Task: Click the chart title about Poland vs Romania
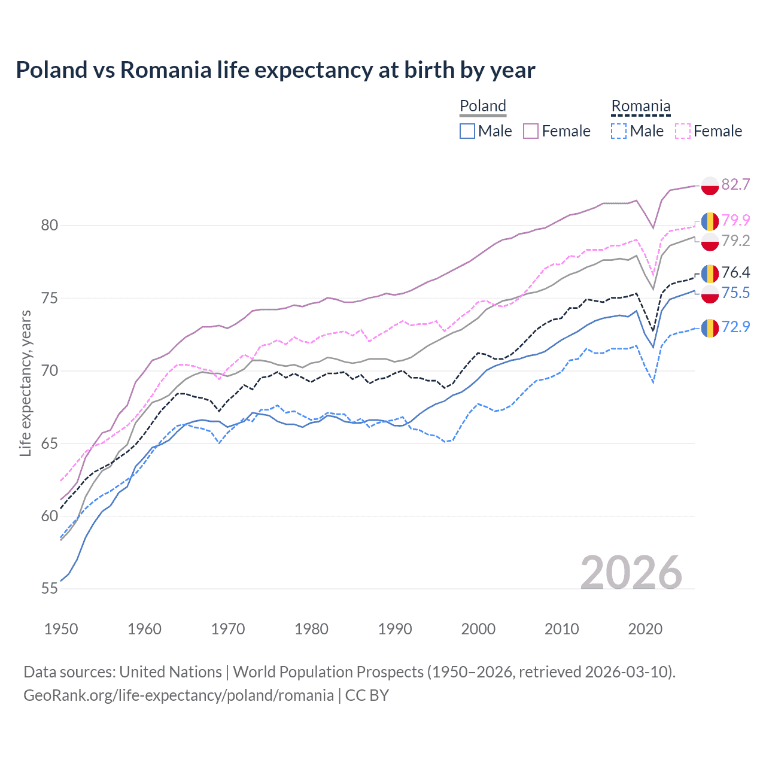click(x=275, y=70)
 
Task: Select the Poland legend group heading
click(x=482, y=106)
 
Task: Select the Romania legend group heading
click(x=640, y=106)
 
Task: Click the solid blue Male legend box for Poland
click(x=467, y=131)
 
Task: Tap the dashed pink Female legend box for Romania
click(x=683, y=131)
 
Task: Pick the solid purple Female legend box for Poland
click(x=531, y=131)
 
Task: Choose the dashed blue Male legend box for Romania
click(x=619, y=131)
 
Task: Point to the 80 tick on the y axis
click(x=50, y=226)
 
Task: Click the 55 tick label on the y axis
click(x=50, y=589)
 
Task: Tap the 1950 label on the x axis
click(x=61, y=629)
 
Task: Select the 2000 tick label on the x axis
click(x=478, y=629)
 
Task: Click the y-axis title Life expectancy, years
click(x=25, y=384)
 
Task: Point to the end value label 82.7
click(x=735, y=184)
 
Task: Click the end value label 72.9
click(x=735, y=327)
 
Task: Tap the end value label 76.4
click(x=735, y=272)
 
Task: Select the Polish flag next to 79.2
click(x=710, y=241)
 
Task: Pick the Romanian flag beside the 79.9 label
click(x=710, y=221)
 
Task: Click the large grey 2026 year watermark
click(x=631, y=573)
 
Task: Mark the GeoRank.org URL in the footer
click(x=178, y=695)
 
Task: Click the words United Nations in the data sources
click(x=171, y=672)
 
